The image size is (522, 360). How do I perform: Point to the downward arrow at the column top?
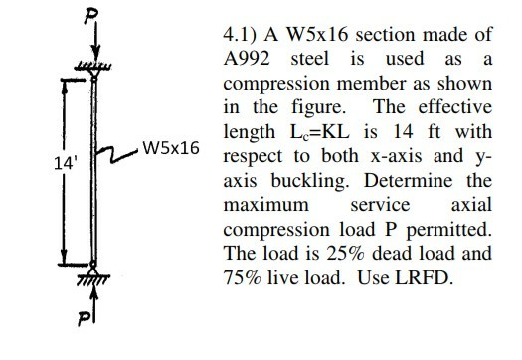click(94, 48)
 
